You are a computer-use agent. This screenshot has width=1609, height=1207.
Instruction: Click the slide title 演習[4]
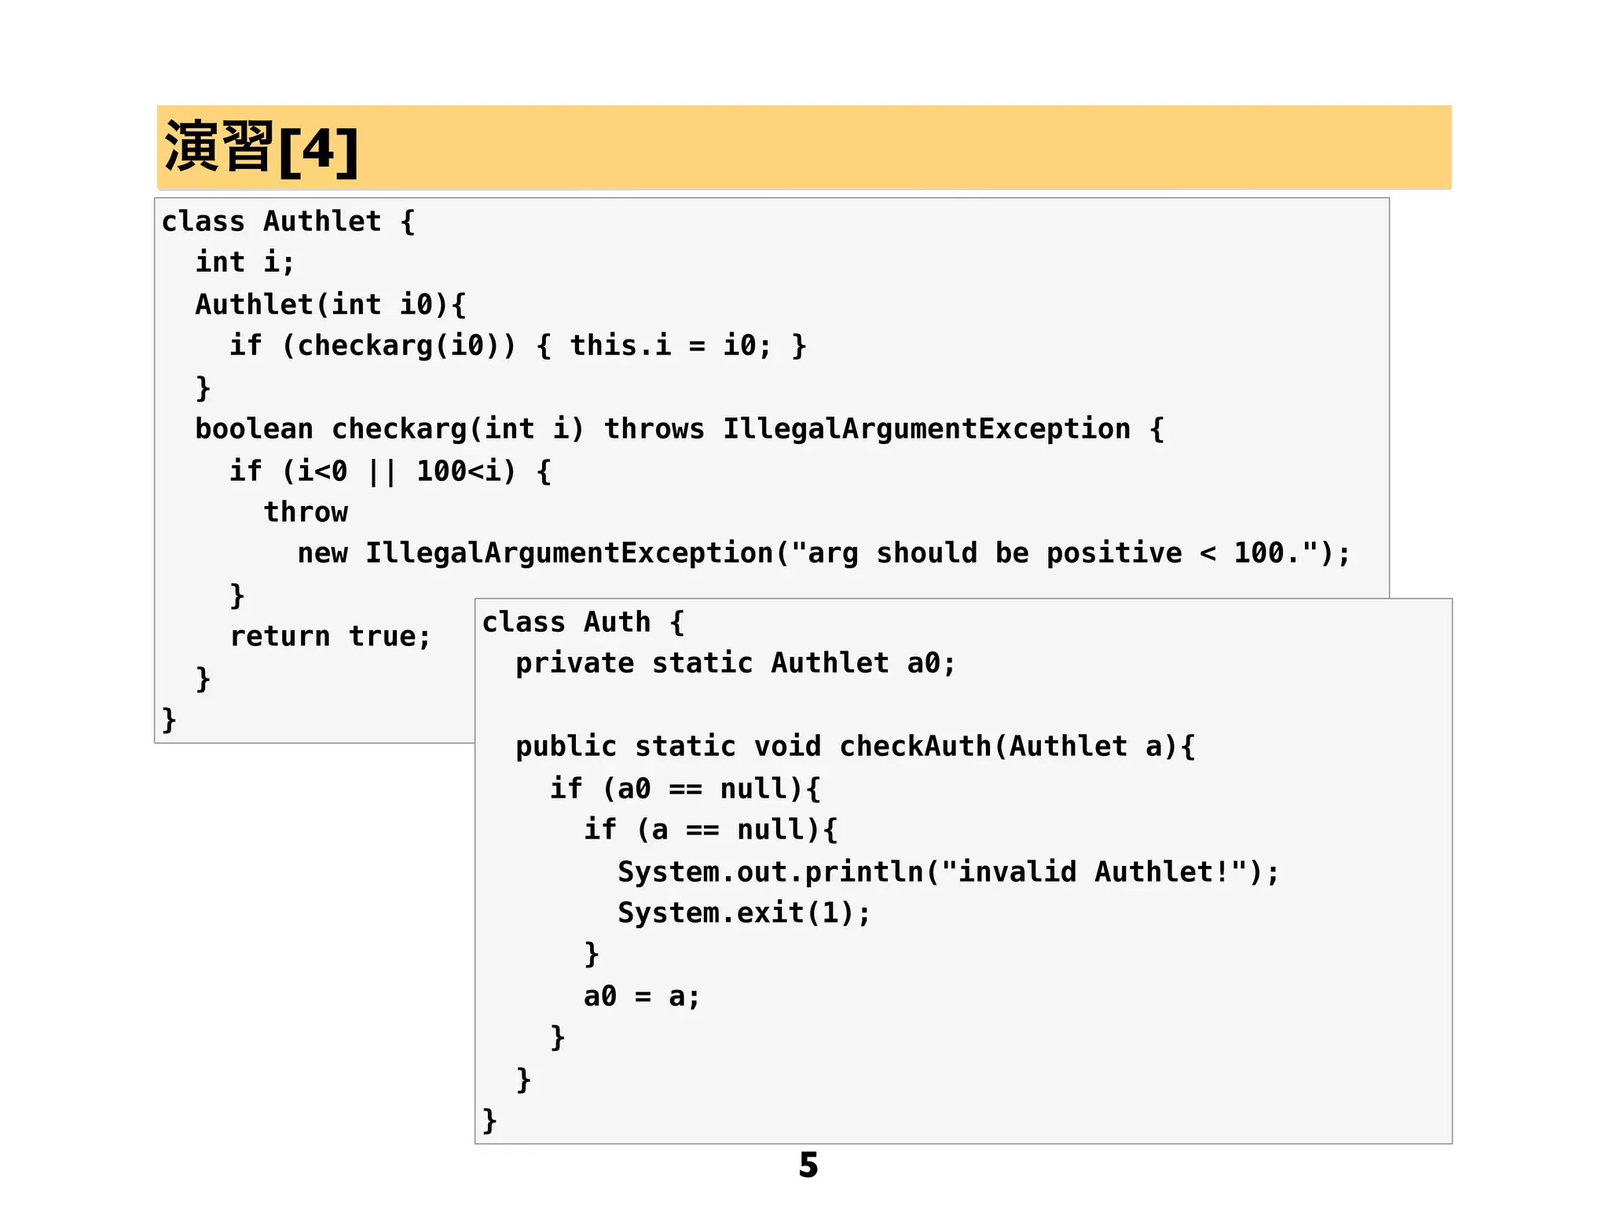pos(262,148)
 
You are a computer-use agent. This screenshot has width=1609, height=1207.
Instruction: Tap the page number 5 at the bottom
pos(808,1165)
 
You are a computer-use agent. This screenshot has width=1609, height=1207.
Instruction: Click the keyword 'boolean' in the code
pos(254,429)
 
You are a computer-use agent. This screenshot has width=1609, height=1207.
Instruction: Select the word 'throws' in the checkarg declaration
pos(654,429)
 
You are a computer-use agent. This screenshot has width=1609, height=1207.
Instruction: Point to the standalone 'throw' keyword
pos(306,512)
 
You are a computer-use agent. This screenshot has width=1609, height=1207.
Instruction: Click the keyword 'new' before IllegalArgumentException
pos(322,553)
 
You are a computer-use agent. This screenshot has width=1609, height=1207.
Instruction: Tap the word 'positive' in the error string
pos(1113,553)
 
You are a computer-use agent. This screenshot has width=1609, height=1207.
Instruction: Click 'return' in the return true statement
pos(280,637)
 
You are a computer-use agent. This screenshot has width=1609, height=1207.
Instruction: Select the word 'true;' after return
pos(390,637)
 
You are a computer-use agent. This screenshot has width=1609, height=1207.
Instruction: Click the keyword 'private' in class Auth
pos(574,663)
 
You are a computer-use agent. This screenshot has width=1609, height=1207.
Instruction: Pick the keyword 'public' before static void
pos(566,747)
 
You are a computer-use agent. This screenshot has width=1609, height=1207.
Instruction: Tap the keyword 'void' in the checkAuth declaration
pos(787,747)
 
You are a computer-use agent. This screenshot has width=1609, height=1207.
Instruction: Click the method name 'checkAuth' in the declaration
pos(915,747)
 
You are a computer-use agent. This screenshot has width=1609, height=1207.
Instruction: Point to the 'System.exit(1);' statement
pos(744,913)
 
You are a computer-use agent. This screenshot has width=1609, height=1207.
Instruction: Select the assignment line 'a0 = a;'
pos(641,996)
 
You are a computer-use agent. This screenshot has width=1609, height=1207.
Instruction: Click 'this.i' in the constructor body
pos(620,346)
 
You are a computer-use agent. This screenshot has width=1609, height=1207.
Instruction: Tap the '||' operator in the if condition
pos(382,471)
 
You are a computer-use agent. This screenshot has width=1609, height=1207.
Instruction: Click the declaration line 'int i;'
pos(244,262)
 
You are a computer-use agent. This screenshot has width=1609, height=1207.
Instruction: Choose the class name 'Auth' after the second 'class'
pos(617,622)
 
